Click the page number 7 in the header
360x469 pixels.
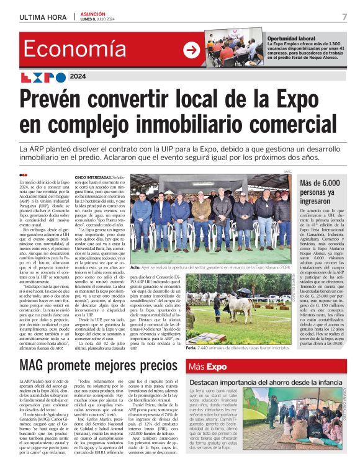[x=344, y=17]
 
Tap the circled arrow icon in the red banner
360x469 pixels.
[x=193, y=50]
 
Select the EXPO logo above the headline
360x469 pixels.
[x=43, y=78]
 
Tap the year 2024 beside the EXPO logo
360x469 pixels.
[x=79, y=78]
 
